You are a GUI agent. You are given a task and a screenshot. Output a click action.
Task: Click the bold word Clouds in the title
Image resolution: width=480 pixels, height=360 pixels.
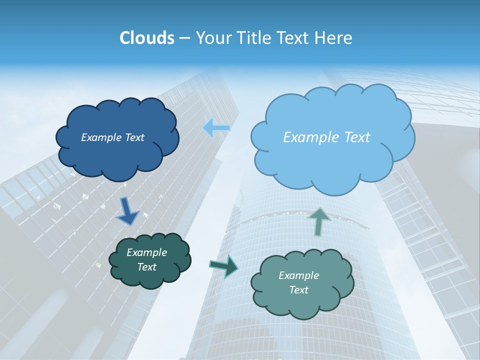pos(146,38)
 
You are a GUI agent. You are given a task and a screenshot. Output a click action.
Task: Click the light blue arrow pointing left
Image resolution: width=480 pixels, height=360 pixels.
pos(216,128)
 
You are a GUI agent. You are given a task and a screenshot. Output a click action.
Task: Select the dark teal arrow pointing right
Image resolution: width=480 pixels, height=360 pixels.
pos(223,266)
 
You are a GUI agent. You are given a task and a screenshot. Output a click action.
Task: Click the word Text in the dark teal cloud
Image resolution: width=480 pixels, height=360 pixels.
pos(146,267)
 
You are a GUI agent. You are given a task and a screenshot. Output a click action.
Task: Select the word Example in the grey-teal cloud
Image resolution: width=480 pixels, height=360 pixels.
pos(298,275)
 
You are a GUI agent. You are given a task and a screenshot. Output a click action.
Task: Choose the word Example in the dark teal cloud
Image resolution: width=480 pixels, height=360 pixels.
pos(146,252)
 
